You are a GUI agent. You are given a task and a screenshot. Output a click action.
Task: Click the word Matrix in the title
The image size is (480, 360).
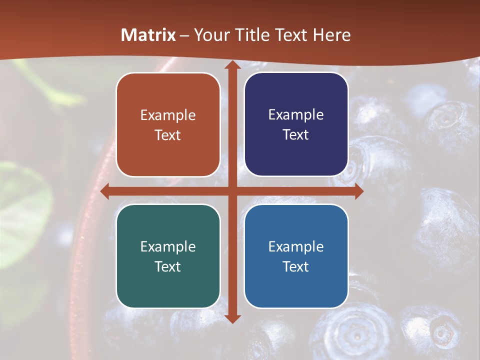(x=148, y=35)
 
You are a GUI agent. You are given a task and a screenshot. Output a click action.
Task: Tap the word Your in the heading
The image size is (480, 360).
(x=209, y=35)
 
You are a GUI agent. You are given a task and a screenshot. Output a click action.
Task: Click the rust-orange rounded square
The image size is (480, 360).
(x=168, y=155)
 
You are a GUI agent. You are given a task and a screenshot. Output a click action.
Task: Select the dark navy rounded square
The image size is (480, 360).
(x=296, y=155)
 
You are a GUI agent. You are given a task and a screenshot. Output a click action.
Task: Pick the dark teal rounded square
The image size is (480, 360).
(x=168, y=287)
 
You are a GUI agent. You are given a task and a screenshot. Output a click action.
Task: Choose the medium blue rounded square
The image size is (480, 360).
(x=296, y=287)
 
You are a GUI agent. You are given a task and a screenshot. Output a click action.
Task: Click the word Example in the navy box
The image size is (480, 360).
(x=296, y=115)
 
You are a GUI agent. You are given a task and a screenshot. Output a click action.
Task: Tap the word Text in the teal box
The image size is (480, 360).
(x=168, y=266)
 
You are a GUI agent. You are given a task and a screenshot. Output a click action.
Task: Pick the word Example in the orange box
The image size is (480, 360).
(x=168, y=115)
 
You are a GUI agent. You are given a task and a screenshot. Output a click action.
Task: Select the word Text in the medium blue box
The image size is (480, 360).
(x=296, y=266)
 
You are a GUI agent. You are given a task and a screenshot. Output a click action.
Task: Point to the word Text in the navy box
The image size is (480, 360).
(x=296, y=135)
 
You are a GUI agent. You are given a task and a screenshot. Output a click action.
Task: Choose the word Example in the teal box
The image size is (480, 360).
(x=168, y=246)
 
